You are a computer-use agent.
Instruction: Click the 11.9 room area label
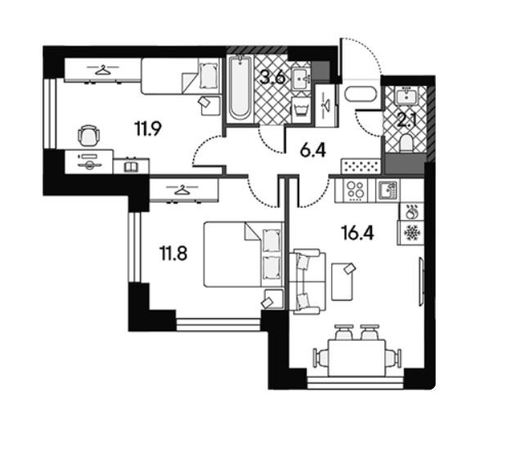tap(148, 129)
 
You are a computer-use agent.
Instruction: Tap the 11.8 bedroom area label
tap(173, 253)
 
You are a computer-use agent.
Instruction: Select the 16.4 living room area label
tap(357, 233)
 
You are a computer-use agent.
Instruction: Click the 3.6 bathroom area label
tap(273, 78)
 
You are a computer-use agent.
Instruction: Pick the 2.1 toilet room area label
tap(406, 120)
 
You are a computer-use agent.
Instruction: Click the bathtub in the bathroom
tap(240, 87)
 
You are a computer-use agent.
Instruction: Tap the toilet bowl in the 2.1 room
tap(406, 143)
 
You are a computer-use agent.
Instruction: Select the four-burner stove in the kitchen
tap(355, 191)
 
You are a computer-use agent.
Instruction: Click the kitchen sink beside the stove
tap(388, 191)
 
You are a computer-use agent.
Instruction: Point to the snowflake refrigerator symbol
tap(411, 233)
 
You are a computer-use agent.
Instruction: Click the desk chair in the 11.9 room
tap(89, 135)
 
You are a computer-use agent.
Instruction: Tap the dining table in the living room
tap(357, 358)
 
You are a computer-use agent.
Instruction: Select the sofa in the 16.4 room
tap(307, 281)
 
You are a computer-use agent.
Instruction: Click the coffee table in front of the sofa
tap(342, 281)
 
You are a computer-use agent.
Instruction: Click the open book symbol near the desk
tap(131, 167)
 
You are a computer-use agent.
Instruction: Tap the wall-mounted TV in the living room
tap(421, 281)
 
